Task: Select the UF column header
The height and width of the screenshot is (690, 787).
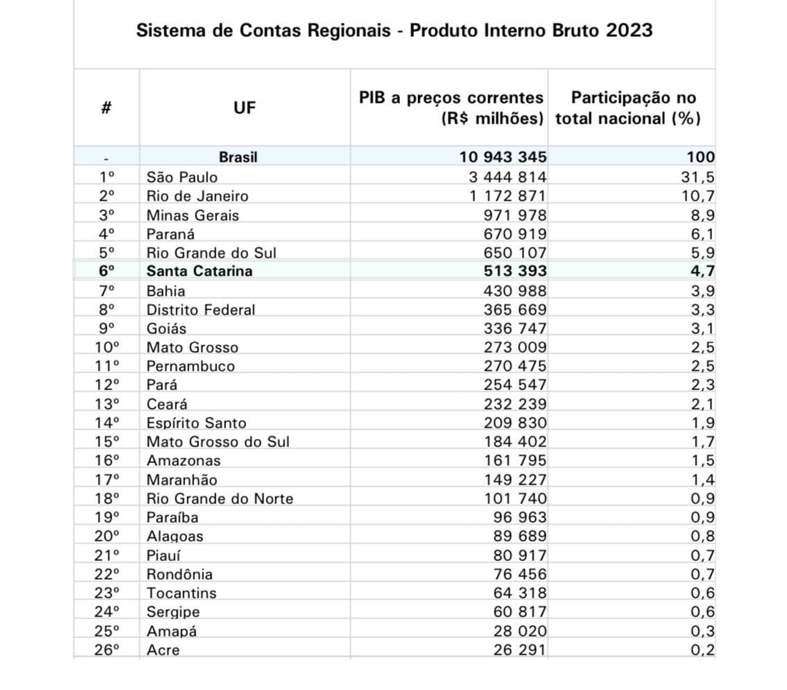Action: (244, 108)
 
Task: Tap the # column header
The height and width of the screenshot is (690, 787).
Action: (107, 108)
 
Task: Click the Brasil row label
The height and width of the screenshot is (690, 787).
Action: (238, 158)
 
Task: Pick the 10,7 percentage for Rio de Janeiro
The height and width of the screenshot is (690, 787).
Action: (698, 196)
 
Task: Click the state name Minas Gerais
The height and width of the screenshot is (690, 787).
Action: (192, 215)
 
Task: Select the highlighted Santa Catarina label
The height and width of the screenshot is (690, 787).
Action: (199, 271)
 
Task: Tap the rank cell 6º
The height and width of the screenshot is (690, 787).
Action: (107, 271)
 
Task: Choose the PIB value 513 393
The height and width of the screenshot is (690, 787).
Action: (514, 271)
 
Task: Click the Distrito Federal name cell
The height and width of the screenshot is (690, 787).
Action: (200, 310)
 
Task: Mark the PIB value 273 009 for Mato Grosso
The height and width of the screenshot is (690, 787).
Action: (514, 347)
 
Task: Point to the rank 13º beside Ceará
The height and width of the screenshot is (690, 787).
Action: (107, 404)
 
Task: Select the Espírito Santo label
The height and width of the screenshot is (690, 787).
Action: (196, 423)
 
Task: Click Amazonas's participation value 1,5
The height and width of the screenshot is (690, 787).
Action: (702, 460)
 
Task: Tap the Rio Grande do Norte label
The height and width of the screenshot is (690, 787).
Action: (219, 498)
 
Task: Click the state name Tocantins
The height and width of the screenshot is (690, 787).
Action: (181, 593)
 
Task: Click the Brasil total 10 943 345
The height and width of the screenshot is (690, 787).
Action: (503, 158)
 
